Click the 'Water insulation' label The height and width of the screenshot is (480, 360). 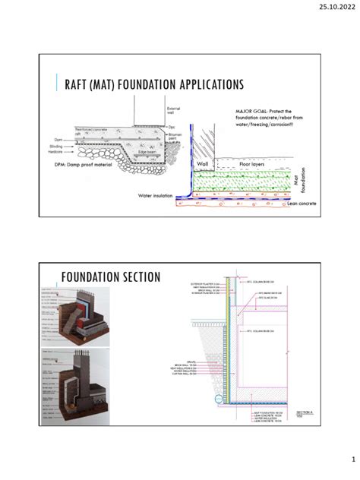pos(156,195)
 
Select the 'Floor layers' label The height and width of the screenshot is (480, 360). pos(254,163)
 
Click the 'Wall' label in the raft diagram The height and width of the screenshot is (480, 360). pos(202,163)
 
